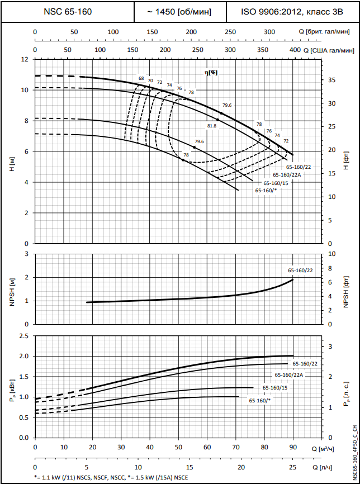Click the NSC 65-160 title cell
[68, 11]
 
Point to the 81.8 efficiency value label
[211, 126]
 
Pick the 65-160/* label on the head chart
[266, 190]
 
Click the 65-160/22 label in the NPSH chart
[301, 271]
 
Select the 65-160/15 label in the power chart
[275, 387]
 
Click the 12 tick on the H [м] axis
[24, 59]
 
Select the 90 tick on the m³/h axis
[292, 448]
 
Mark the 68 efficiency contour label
[141, 78]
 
